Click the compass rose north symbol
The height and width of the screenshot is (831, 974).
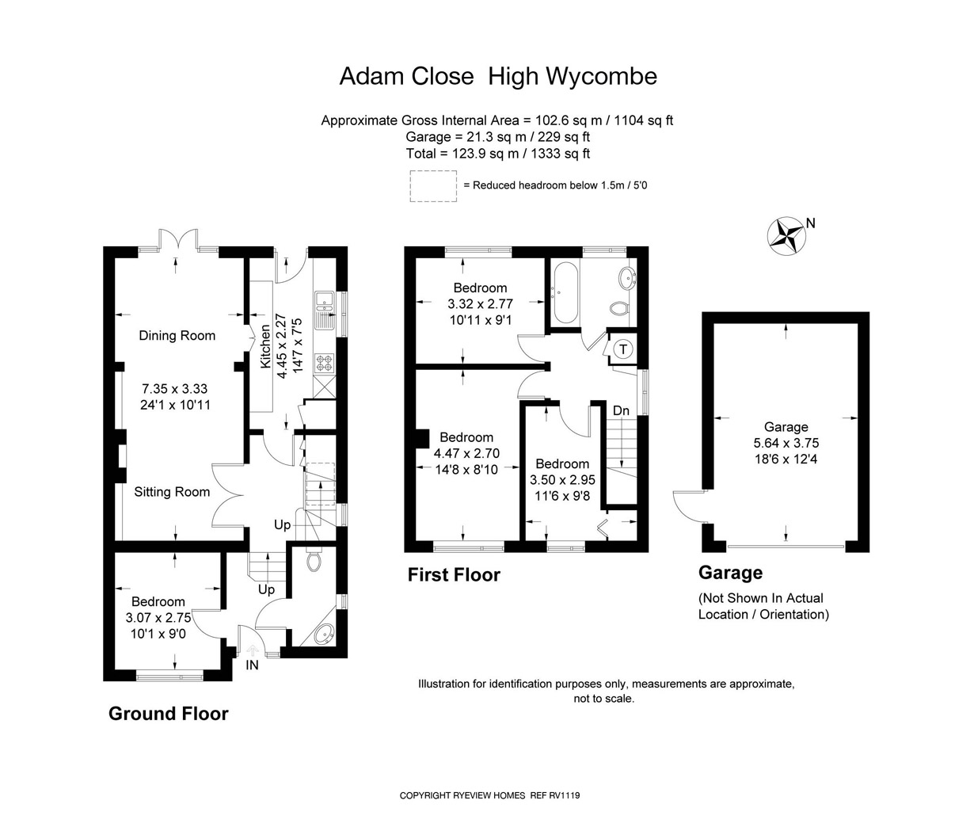[786, 236]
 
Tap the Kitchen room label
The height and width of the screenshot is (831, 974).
[265, 346]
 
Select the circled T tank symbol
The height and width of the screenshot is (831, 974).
[623, 349]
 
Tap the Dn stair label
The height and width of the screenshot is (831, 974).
[621, 410]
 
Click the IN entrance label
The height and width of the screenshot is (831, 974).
[252, 665]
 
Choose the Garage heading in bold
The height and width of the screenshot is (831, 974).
[730, 572]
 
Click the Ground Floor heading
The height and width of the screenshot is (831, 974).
[168, 713]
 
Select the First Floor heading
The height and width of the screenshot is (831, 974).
[454, 574]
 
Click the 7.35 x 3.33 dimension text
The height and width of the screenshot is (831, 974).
[175, 389]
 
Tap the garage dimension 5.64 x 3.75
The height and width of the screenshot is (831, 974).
[786, 443]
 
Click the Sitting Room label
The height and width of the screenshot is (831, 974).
[172, 492]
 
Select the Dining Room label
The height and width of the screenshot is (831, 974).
[177, 336]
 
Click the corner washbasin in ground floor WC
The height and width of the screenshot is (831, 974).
[324, 633]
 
